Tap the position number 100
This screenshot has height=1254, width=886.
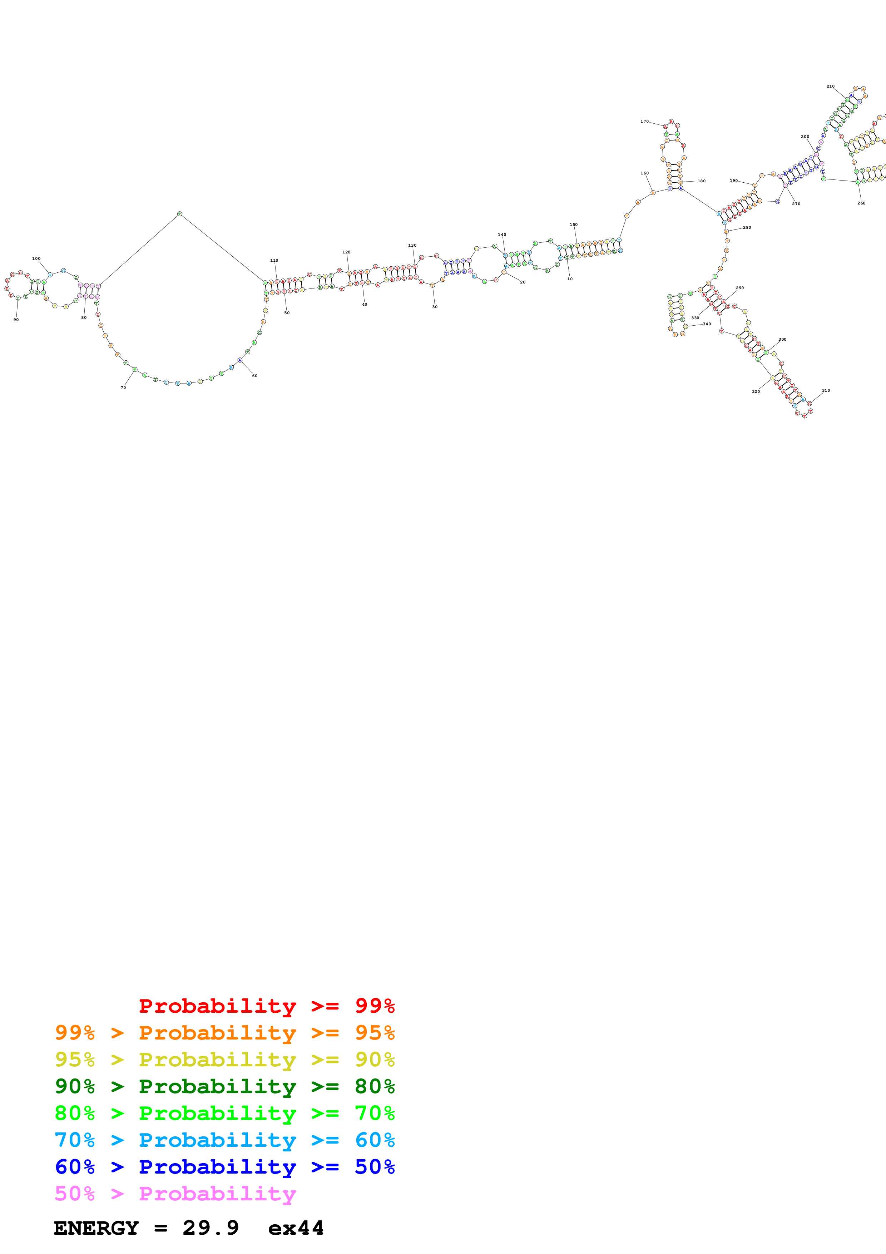pyautogui.click(x=36, y=258)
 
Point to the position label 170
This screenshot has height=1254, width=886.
pyautogui.click(x=644, y=121)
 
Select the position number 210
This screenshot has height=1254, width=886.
pyautogui.click(x=830, y=86)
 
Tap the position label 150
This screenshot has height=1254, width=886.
pyautogui.click(x=573, y=224)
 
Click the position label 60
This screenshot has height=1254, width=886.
pyautogui.click(x=254, y=376)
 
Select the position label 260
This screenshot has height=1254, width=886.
pyautogui.click(x=861, y=203)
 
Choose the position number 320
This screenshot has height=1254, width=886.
pyautogui.click(x=756, y=391)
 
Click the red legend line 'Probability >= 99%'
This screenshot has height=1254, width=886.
pyautogui.click(x=266, y=1006)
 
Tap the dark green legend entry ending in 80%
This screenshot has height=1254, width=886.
pyautogui.click(x=224, y=1086)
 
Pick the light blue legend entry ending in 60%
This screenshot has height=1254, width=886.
pyautogui.click(x=224, y=1140)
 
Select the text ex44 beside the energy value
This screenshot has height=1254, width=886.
pyautogui.click(x=296, y=1228)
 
